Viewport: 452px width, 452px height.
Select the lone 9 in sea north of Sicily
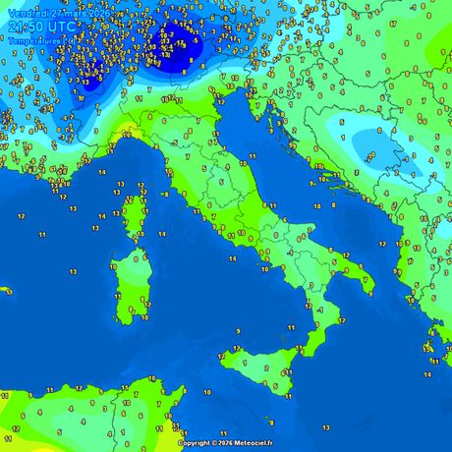click(237, 331)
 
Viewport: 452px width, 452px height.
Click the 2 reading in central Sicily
click(267, 367)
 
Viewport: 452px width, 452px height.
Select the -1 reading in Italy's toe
click(319, 310)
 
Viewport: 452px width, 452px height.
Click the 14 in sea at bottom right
click(428, 374)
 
